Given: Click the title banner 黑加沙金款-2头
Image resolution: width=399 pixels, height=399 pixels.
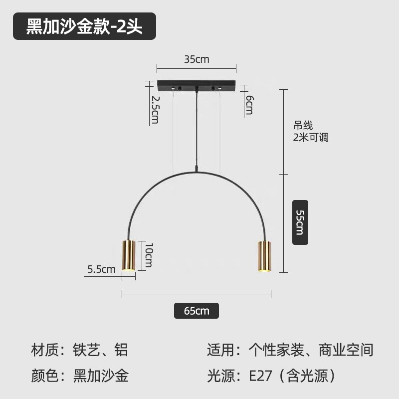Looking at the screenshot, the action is coord(84,26).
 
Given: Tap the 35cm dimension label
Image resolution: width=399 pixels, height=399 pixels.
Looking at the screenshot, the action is coord(197,59).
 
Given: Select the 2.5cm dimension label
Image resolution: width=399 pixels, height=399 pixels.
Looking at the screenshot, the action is coord(155,110).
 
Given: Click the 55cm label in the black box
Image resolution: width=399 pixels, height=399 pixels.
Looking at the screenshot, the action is coord(300,222).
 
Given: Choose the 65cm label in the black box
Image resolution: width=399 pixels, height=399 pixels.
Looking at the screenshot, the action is coord(197,311).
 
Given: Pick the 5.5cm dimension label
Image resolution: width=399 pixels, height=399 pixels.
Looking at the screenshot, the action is coord(101,269).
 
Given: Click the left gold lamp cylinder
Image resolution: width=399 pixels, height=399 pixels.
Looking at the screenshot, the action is coord(129,255).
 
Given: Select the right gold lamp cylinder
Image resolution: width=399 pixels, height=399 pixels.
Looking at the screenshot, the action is coord(264,256).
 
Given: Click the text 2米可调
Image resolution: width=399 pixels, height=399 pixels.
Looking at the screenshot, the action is coord(311,138).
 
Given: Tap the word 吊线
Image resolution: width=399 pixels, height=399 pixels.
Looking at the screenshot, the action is coord(303,127).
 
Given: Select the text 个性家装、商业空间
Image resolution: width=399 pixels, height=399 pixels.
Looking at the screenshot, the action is coord(311,350).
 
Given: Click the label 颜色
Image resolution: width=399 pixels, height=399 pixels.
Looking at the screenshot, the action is coord(45,376).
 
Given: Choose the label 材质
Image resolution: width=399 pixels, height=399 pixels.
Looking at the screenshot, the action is coord(45,350).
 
